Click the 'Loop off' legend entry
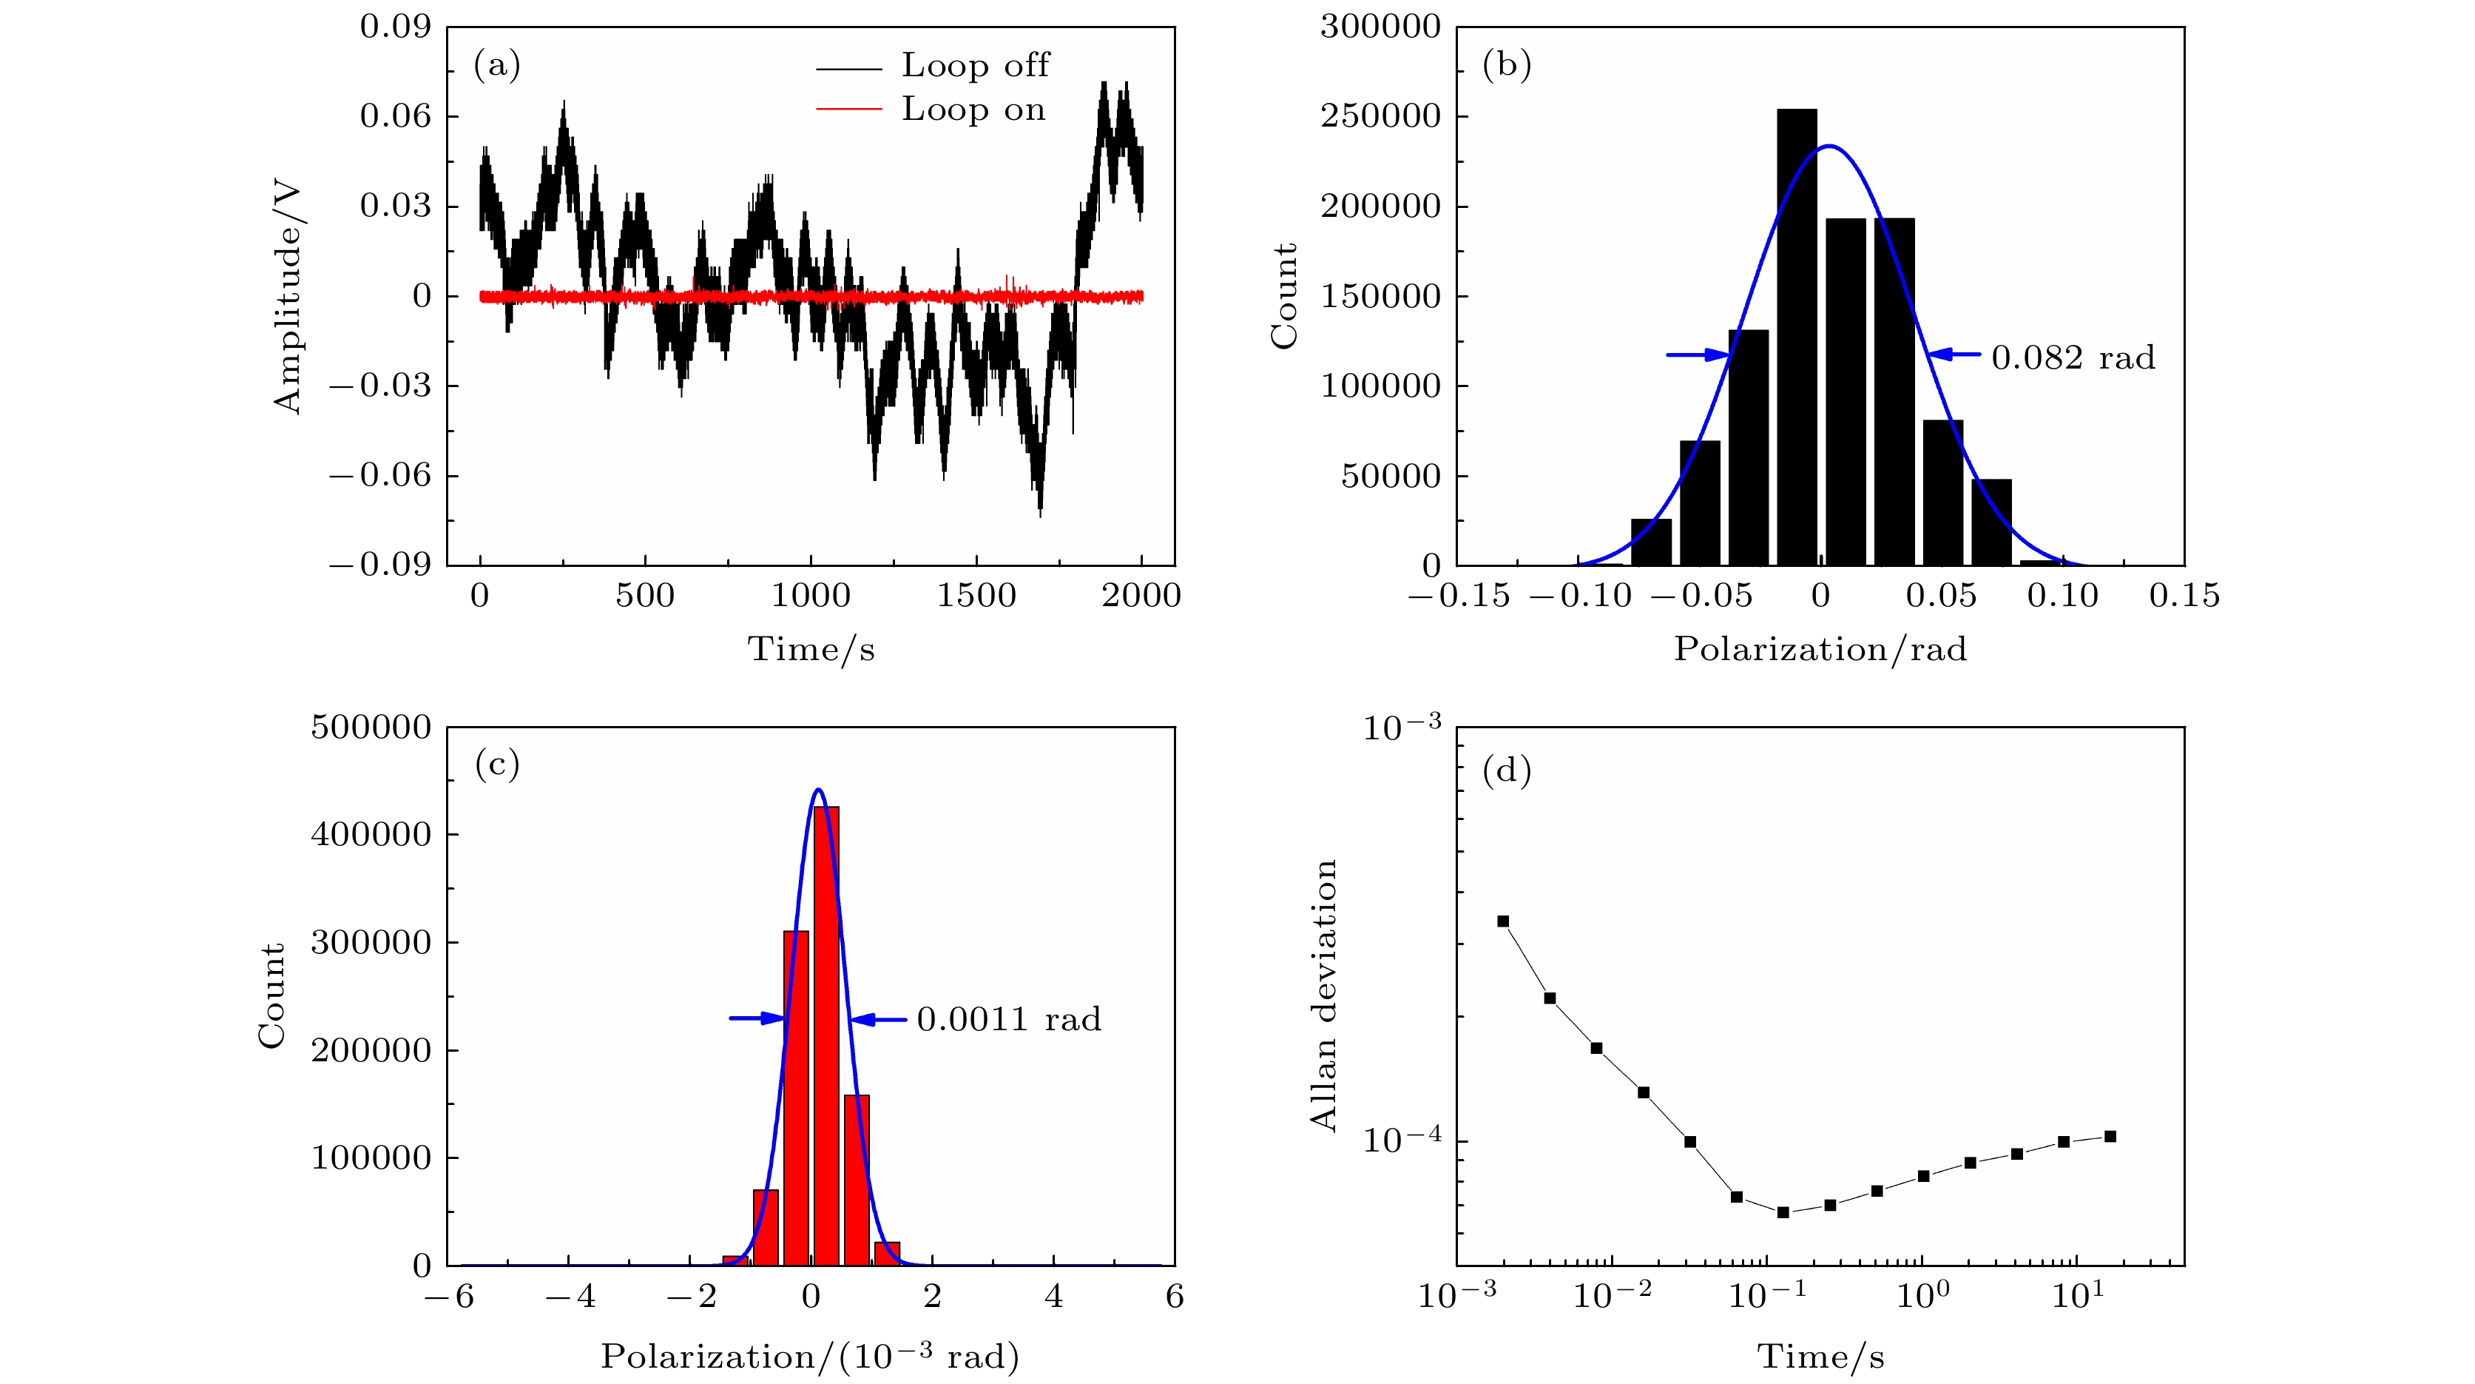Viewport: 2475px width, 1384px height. click(974, 65)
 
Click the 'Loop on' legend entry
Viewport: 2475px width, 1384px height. click(972, 110)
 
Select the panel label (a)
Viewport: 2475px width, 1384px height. click(497, 64)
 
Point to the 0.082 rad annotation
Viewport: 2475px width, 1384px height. click(2073, 357)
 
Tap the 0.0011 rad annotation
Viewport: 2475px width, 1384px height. click(1008, 1019)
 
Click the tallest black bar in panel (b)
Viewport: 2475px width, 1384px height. click(1796, 337)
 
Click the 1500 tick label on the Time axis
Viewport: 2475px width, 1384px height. click(976, 596)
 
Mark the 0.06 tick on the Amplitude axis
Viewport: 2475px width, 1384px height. click(396, 116)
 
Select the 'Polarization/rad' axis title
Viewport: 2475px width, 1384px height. click(1820, 650)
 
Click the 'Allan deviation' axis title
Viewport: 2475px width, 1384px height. click(1324, 995)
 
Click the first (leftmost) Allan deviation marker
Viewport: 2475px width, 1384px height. click(1504, 921)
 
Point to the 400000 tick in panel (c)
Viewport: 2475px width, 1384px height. click(371, 834)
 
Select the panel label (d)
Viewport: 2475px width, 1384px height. click(1507, 770)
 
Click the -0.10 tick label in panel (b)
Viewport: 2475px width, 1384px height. click(1579, 596)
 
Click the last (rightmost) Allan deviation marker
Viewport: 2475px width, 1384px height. click(2110, 1136)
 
